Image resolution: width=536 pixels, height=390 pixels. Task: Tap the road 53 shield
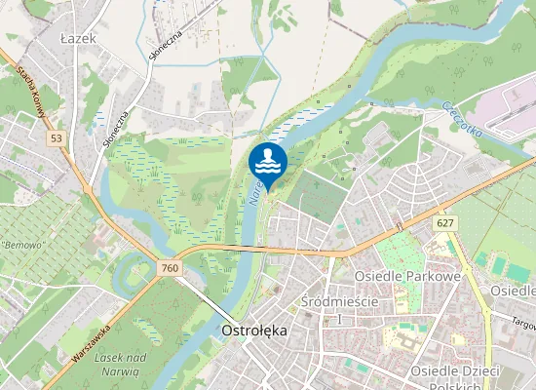(x=57, y=139)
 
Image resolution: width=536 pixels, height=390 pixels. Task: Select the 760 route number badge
(x=171, y=268)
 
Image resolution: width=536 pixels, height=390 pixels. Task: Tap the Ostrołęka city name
(x=254, y=331)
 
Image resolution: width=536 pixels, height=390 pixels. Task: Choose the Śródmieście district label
(x=339, y=301)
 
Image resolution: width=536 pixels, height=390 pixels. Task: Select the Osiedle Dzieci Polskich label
(x=455, y=379)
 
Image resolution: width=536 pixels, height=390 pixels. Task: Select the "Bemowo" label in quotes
(x=24, y=245)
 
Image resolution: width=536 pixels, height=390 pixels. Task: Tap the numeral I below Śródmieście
(x=339, y=319)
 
